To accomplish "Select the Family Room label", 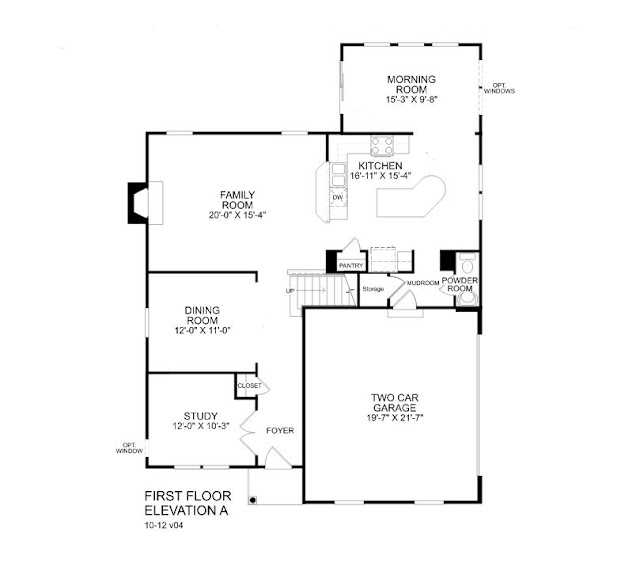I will click(x=238, y=200).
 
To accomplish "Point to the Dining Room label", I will click(x=203, y=316).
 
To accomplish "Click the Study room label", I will click(x=200, y=416).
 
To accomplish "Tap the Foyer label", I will click(x=279, y=431).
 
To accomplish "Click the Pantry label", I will click(x=349, y=265).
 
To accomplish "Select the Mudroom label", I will click(x=423, y=283).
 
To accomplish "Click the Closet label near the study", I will click(x=249, y=386).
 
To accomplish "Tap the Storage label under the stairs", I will click(x=373, y=289).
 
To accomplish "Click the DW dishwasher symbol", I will click(x=337, y=196).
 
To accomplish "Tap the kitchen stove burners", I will click(x=380, y=143).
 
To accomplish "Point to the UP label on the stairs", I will click(x=291, y=291).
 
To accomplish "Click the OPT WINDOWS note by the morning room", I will click(x=500, y=87).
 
